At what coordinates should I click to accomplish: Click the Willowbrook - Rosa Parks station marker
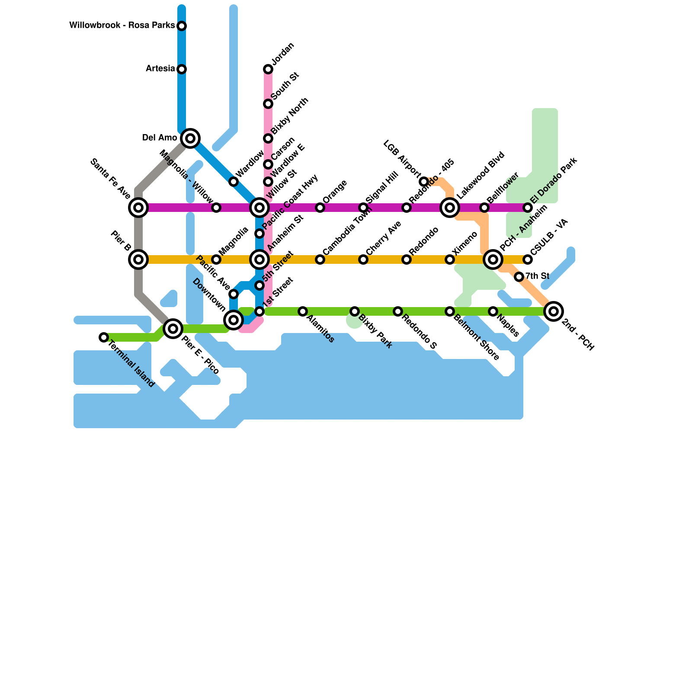(x=182, y=26)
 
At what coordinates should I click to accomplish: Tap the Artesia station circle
(x=182, y=69)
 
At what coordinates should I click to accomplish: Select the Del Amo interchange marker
(x=190, y=138)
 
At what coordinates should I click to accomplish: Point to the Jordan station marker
(x=268, y=69)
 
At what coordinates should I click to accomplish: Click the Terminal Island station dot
(x=104, y=337)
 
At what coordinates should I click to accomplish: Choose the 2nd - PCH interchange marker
(x=554, y=311)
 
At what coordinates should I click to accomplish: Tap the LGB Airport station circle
(x=424, y=182)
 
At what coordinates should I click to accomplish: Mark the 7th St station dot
(x=519, y=277)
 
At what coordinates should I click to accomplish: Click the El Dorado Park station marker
(x=528, y=208)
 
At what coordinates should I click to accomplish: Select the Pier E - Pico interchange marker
(x=173, y=329)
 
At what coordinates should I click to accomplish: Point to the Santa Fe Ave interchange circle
(x=138, y=208)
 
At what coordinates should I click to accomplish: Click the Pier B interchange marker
(x=138, y=259)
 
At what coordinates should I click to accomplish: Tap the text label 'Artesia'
(x=160, y=69)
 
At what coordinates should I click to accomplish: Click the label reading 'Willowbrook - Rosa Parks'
(x=122, y=26)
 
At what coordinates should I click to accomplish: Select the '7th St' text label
(x=537, y=276)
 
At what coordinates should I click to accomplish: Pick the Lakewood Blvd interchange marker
(x=450, y=208)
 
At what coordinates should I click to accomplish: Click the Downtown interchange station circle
(x=234, y=320)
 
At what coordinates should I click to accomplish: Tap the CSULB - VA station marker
(x=528, y=259)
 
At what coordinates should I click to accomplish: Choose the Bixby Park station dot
(x=355, y=311)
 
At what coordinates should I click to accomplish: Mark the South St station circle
(x=268, y=104)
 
